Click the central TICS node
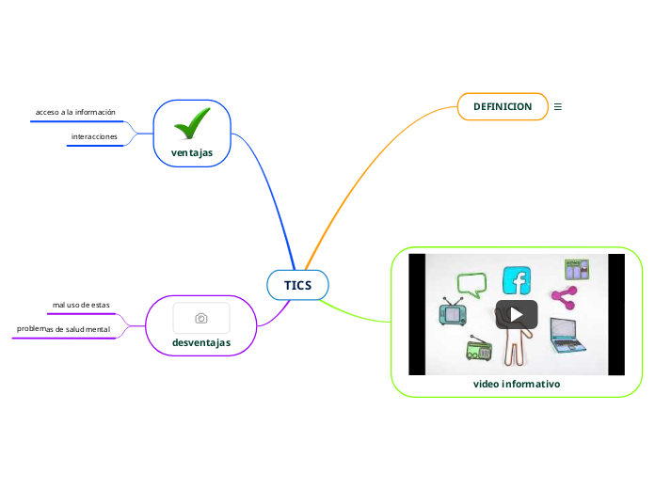point(297,285)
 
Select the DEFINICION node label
point(496,106)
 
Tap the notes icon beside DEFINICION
point(558,106)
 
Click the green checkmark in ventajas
point(192,123)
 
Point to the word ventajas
point(192,151)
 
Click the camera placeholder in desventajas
point(201,318)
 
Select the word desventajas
point(201,342)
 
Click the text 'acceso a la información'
point(75,112)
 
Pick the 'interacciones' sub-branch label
point(94,136)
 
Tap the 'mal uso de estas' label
point(81,305)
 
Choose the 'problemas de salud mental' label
point(63,329)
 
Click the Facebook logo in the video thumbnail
point(517,280)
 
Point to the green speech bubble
point(470,283)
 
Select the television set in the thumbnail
point(453,313)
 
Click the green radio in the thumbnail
point(479,350)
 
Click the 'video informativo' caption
point(517,385)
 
